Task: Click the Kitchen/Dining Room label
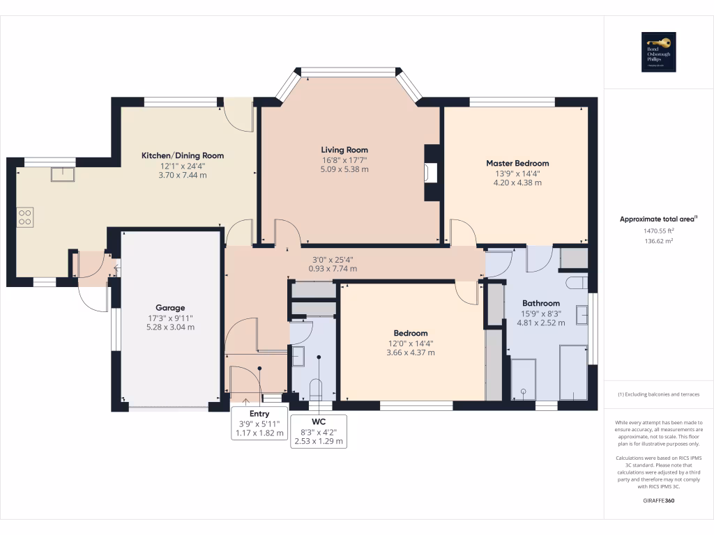[183, 155]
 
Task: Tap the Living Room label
[344, 150]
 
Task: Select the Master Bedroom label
[517, 163]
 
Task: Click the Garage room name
[170, 307]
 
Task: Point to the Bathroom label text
[541, 303]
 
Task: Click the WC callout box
[319, 431]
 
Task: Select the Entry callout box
[259, 423]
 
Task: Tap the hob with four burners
[25, 217]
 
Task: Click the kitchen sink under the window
[62, 174]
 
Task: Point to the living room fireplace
[432, 172]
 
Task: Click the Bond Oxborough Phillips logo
[658, 52]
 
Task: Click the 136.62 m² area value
[658, 241]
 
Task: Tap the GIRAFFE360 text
[658, 500]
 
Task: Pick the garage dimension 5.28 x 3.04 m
[170, 327]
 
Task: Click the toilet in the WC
[315, 387]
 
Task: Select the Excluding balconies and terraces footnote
[658, 394]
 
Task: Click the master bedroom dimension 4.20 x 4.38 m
[517, 183]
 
